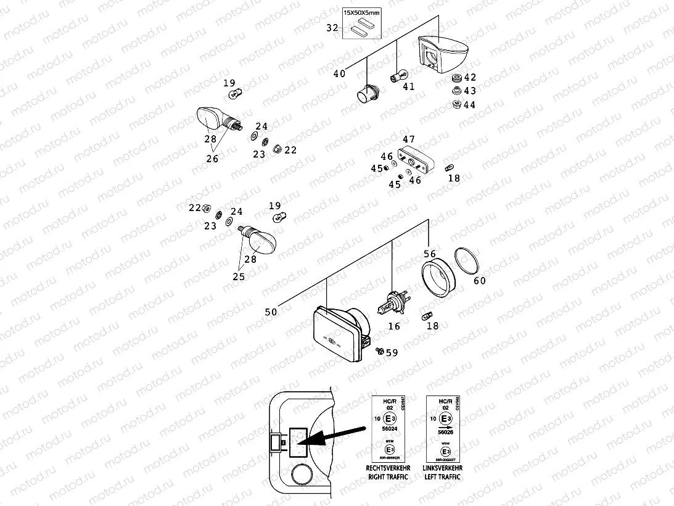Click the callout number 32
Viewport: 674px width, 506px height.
click(x=331, y=28)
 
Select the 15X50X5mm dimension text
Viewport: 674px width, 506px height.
click(x=363, y=12)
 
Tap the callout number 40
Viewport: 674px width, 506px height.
click(x=339, y=73)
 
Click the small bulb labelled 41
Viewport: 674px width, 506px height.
click(x=397, y=77)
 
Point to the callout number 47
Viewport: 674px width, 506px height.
click(x=408, y=139)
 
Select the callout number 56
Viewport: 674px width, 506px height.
click(x=429, y=254)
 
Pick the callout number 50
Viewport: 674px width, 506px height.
click(x=271, y=312)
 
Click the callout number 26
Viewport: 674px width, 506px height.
click(x=212, y=159)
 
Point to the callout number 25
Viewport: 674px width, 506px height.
click(x=239, y=276)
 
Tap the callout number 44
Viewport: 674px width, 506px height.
click(x=469, y=105)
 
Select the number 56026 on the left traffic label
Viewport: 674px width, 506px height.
click(x=444, y=433)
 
